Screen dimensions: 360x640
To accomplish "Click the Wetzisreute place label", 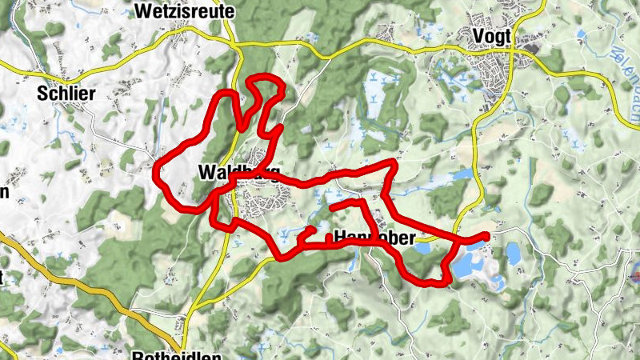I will (x=185, y=12).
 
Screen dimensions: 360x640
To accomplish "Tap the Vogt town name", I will (x=492, y=36).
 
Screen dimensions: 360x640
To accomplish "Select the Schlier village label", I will (x=66, y=94).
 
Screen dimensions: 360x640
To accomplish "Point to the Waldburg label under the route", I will (x=238, y=172).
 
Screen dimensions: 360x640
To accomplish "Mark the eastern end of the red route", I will (x=486, y=235).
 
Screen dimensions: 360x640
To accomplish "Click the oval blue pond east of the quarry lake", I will (x=513, y=254).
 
